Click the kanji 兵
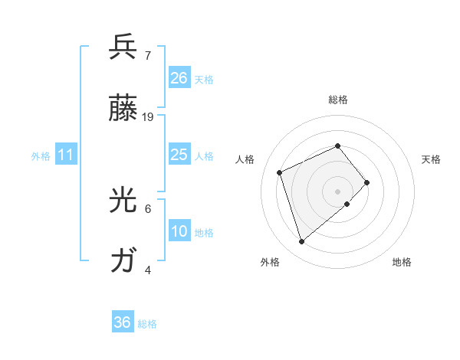click(123, 47)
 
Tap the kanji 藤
click(123, 108)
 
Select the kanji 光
click(123, 200)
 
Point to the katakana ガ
click(123, 261)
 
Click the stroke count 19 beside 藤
click(148, 116)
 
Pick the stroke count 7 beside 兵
click(147, 55)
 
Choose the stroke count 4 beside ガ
click(147, 270)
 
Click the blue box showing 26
click(179, 78)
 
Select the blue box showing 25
click(179, 155)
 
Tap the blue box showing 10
click(179, 231)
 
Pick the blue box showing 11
click(66, 155)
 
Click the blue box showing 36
click(123, 322)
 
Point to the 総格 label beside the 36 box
click(147, 324)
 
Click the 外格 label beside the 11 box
click(41, 156)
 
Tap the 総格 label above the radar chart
click(337, 100)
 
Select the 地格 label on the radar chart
click(402, 262)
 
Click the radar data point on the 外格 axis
click(302, 241)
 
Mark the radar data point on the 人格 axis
click(280, 172)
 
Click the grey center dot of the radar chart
click(337, 191)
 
